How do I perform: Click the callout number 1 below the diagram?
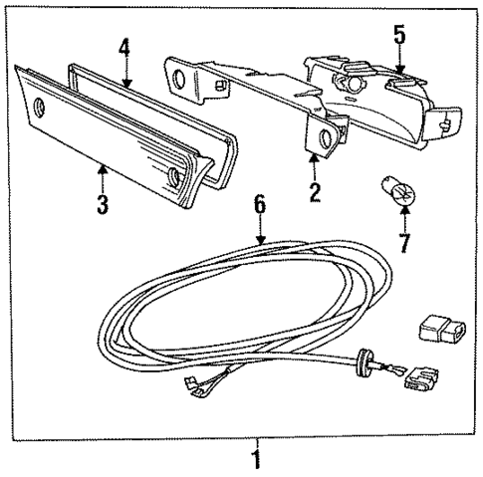pyautogui.click(x=256, y=461)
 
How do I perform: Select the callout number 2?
pyautogui.click(x=315, y=193)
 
